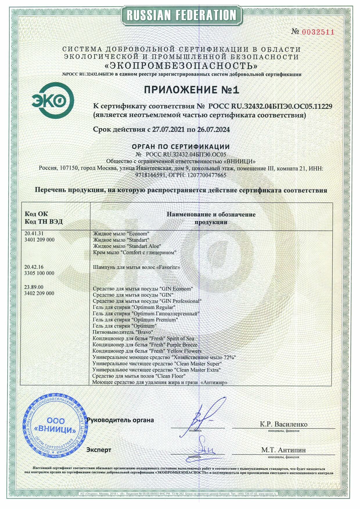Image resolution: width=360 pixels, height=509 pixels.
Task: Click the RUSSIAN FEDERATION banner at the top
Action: (x=181, y=15)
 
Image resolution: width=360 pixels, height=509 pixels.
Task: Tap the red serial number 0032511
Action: (x=318, y=32)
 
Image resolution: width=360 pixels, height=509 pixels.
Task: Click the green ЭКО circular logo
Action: (x=53, y=100)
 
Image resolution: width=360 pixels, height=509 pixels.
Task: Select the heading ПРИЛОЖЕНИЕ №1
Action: (x=191, y=90)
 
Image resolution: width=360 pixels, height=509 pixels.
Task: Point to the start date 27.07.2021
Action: (x=168, y=130)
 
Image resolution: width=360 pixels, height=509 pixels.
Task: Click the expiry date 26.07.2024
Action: (x=213, y=130)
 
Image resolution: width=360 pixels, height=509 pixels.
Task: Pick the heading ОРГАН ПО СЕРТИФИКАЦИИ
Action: (x=181, y=147)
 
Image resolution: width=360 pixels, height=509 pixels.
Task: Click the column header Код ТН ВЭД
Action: (x=44, y=222)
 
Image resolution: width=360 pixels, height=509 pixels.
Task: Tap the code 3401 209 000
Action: (x=39, y=240)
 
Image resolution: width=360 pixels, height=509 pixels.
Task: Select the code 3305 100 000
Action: (x=39, y=273)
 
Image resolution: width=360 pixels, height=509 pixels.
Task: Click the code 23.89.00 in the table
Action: (x=34, y=287)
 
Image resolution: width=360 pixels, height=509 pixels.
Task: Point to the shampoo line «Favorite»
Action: (x=136, y=267)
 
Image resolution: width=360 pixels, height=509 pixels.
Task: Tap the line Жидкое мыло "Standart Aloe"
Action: (x=127, y=246)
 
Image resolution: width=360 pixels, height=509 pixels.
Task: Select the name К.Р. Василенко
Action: (x=283, y=424)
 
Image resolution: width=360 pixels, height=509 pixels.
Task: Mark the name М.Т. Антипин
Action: (x=283, y=450)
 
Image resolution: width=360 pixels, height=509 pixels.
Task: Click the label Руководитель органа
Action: (x=120, y=420)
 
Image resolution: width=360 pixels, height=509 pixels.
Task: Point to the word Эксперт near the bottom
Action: (x=99, y=450)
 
